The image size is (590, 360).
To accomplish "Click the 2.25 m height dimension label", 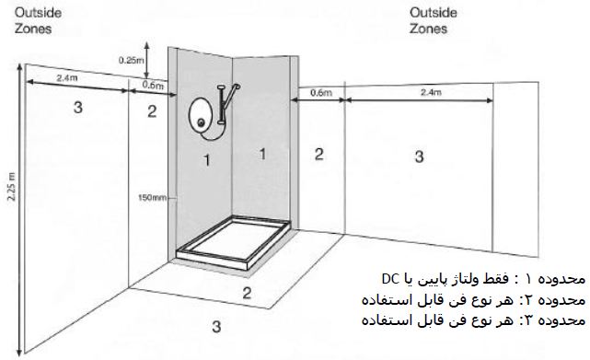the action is (x=12, y=187).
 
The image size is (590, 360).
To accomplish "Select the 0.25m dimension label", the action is (x=131, y=60).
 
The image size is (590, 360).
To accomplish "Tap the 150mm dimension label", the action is (x=152, y=197).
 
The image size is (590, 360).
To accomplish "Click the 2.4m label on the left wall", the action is (x=67, y=78).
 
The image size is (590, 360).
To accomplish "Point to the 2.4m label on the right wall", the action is (x=431, y=92).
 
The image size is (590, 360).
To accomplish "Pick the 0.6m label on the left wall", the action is (x=153, y=85).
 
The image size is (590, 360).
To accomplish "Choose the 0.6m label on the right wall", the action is (x=321, y=92).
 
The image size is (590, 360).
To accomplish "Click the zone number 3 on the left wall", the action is (x=78, y=108).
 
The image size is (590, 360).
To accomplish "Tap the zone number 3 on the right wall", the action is (x=419, y=157).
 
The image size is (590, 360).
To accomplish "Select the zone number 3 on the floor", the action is (x=216, y=327).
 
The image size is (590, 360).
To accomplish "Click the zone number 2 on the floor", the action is (x=247, y=293).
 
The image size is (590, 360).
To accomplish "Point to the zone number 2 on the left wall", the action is (x=152, y=111).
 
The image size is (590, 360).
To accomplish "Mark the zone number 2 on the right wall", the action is (x=318, y=154).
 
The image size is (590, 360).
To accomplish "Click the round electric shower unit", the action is (x=201, y=115).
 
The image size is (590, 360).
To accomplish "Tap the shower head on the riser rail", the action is (x=237, y=87).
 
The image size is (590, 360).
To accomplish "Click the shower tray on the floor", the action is (x=234, y=242).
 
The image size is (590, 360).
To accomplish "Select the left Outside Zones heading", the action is (x=38, y=20).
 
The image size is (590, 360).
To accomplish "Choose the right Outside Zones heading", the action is (x=434, y=20).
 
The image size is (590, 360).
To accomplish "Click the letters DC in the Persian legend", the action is (x=390, y=279).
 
